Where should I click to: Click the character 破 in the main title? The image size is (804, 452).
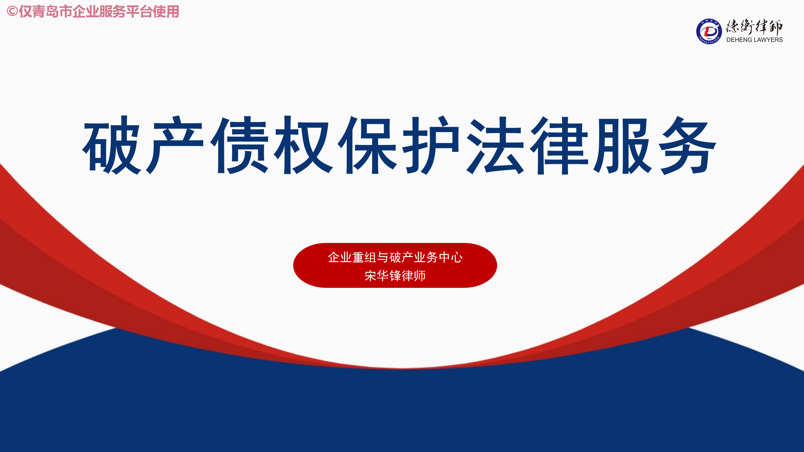[x=111, y=145]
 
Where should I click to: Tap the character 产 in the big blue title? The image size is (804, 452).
[x=175, y=145]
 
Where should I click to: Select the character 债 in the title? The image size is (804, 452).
[x=239, y=145]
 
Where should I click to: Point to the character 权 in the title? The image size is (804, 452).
[x=303, y=145]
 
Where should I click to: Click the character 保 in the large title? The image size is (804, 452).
[x=367, y=145]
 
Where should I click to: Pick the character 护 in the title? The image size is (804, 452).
[x=431, y=145]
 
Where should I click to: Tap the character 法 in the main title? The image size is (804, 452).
[x=495, y=145]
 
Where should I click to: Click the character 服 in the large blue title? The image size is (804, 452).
[x=623, y=145]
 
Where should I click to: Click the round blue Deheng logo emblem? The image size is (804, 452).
[x=709, y=31]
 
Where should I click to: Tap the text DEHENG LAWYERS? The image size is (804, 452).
[x=754, y=40]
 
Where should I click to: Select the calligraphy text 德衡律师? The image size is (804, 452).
[x=754, y=27]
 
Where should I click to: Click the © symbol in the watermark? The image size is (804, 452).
[x=12, y=12]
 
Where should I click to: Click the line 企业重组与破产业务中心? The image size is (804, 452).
[x=395, y=257]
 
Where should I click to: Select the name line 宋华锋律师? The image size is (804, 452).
[x=395, y=276]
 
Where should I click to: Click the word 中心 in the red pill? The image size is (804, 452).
[x=451, y=257]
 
